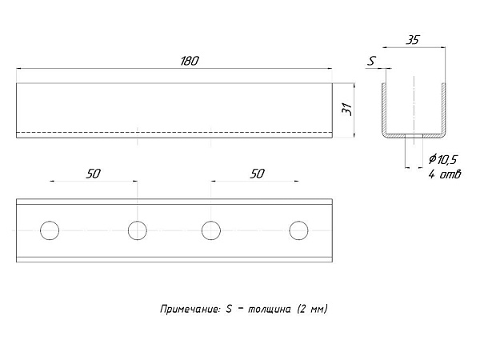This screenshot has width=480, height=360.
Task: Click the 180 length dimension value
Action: (190, 61)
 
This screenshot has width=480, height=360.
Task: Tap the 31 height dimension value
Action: (347, 110)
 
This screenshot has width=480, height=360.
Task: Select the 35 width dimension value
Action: (413, 40)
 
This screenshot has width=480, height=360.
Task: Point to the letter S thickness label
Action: (371, 61)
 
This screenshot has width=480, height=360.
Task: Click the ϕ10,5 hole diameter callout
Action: (442, 159)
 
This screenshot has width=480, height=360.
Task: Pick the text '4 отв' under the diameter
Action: (445, 174)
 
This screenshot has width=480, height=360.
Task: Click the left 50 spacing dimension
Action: (93, 174)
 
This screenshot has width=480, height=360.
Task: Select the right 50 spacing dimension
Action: (257, 174)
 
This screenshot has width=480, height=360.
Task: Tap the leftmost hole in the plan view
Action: (50, 230)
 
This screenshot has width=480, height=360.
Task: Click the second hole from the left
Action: (138, 230)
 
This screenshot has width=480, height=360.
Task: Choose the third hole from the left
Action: (211, 230)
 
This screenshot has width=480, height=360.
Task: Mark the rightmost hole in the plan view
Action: (298, 230)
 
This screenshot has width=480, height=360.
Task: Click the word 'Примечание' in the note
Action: (190, 309)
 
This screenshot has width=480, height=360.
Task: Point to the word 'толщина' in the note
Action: (269, 310)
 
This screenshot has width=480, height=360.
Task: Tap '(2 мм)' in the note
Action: (313, 309)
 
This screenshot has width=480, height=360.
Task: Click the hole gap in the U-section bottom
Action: (414, 136)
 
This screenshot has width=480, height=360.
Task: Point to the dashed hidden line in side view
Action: (174, 132)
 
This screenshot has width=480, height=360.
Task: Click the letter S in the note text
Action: (229, 309)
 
